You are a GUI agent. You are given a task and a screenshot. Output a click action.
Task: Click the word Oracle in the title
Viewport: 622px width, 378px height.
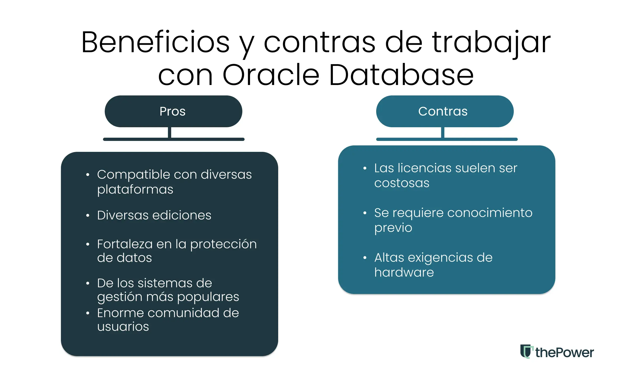(271, 75)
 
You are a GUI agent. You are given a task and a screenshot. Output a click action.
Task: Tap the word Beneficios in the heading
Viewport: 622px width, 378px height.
(155, 42)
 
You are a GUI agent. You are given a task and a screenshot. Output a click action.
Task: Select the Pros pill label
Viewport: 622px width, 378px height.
(173, 111)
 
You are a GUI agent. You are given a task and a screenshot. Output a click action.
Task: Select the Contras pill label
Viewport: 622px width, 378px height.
(443, 111)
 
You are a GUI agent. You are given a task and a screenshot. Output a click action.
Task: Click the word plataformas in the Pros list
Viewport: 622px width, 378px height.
(135, 189)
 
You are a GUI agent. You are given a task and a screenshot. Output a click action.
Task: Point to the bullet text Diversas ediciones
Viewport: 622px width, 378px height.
(154, 215)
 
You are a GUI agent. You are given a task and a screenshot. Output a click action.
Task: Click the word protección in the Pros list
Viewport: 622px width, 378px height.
(223, 244)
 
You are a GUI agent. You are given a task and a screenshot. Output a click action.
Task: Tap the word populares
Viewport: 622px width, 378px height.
(208, 297)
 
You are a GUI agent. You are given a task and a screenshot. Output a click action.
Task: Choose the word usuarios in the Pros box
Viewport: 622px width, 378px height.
(123, 327)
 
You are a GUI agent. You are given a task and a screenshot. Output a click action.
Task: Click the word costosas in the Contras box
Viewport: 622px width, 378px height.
(402, 183)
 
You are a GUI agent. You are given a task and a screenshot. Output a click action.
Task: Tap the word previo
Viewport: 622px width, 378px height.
(393, 228)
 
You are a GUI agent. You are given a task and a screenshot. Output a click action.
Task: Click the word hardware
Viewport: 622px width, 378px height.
(404, 273)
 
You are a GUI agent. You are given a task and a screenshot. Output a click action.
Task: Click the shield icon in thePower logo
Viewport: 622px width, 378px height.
(526, 351)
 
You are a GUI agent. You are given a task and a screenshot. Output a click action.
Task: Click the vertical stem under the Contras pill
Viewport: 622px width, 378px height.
(443, 132)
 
